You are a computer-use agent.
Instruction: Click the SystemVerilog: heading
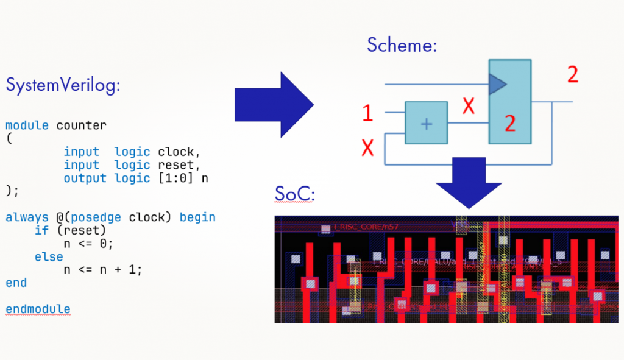[x=63, y=85]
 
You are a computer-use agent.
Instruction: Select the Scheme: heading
[x=402, y=44]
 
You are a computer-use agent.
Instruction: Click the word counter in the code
[x=81, y=125]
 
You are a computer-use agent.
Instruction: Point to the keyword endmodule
[x=38, y=309]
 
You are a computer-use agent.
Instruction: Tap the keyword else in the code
[x=49, y=257]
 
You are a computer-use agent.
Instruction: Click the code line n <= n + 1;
[x=102, y=270]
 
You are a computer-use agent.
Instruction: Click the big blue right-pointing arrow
[x=274, y=105]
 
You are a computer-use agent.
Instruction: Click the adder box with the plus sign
[x=427, y=123]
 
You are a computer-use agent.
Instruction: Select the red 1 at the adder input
[x=367, y=113]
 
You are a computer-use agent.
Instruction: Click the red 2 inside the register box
[x=510, y=124]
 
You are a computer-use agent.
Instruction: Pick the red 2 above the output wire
[x=572, y=74]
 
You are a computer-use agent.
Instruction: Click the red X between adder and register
[x=468, y=106]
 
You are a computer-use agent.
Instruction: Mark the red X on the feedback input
[x=367, y=147]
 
